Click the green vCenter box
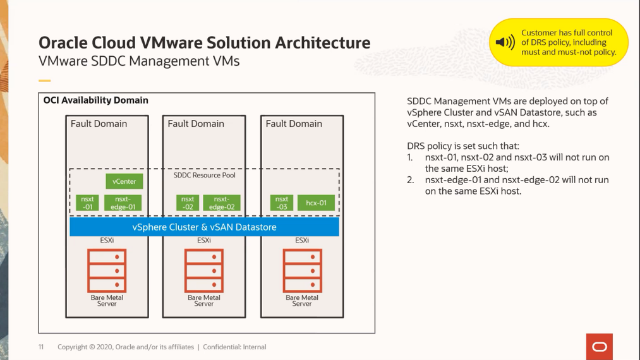[x=124, y=182]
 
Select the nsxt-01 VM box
[x=88, y=203]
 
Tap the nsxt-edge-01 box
[x=123, y=203]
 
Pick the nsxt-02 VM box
[x=188, y=203]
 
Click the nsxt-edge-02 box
[x=222, y=203]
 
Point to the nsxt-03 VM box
[x=282, y=203]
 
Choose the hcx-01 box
[x=316, y=203]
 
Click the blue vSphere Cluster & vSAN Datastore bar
[x=204, y=227]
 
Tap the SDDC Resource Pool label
[x=204, y=175]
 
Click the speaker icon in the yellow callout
[x=505, y=43]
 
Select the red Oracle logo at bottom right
[x=599, y=347]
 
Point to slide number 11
[x=41, y=347]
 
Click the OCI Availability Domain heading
[x=96, y=100]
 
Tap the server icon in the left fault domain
[x=107, y=270]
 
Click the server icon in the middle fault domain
[x=203, y=270]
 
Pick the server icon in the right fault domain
[x=302, y=270]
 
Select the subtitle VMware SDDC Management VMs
[x=139, y=62]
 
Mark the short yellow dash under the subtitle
[x=44, y=81]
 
